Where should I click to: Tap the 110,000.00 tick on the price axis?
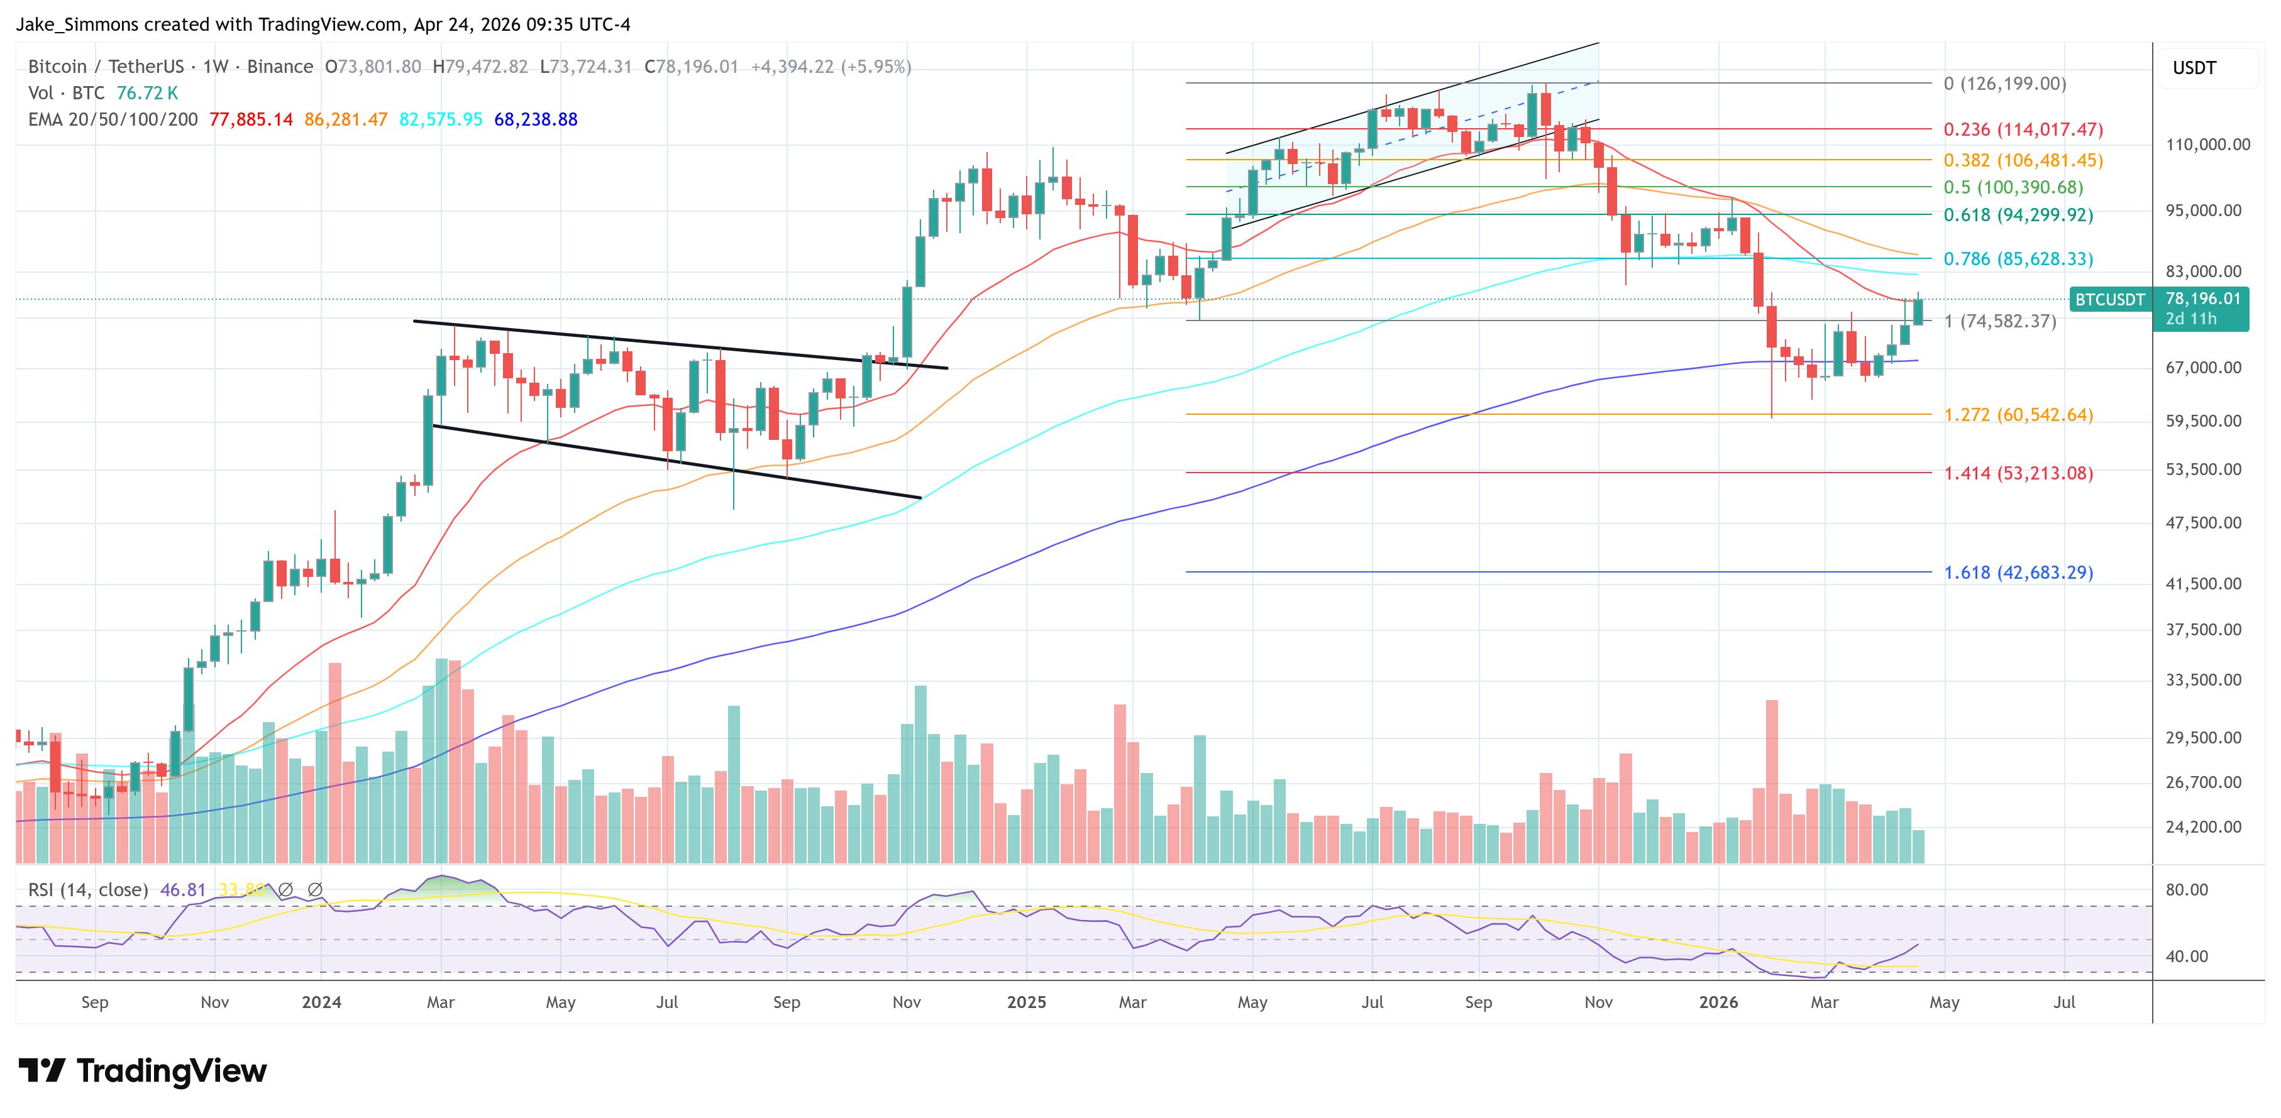point(2207,145)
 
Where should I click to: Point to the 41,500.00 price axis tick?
point(2203,583)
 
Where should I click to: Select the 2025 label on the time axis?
point(1026,1002)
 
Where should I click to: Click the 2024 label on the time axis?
point(321,1002)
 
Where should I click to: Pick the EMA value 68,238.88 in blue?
point(535,119)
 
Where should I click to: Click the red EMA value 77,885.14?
point(251,119)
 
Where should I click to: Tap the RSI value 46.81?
point(182,890)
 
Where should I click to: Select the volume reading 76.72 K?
point(147,93)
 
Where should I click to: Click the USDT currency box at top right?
point(2194,68)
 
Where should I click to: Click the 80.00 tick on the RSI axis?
point(2186,890)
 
